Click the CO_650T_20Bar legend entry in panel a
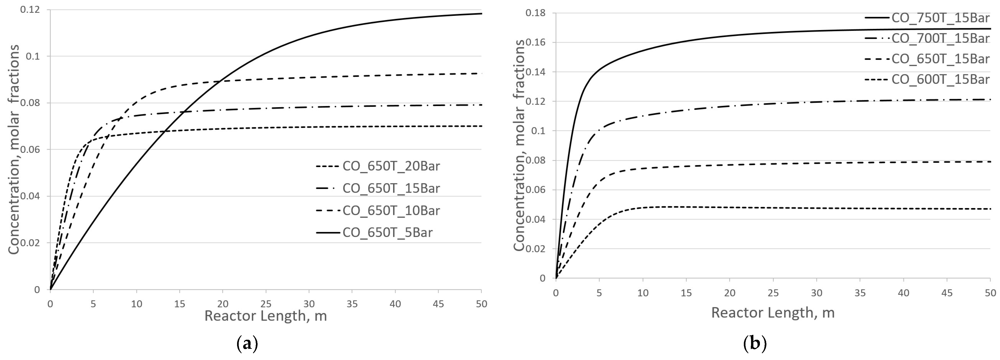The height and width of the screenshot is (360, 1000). coord(391,166)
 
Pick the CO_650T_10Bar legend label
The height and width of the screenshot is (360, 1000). coord(391,210)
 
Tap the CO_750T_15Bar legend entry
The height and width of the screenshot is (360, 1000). coord(940,18)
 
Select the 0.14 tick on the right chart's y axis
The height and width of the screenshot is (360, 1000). coord(535,72)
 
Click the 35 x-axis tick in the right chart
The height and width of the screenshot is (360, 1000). coord(860,293)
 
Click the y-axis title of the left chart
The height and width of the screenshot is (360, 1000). coord(14,150)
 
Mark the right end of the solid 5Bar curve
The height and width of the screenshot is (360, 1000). coord(481,14)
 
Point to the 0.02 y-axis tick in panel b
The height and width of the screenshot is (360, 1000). coord(535,249)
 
